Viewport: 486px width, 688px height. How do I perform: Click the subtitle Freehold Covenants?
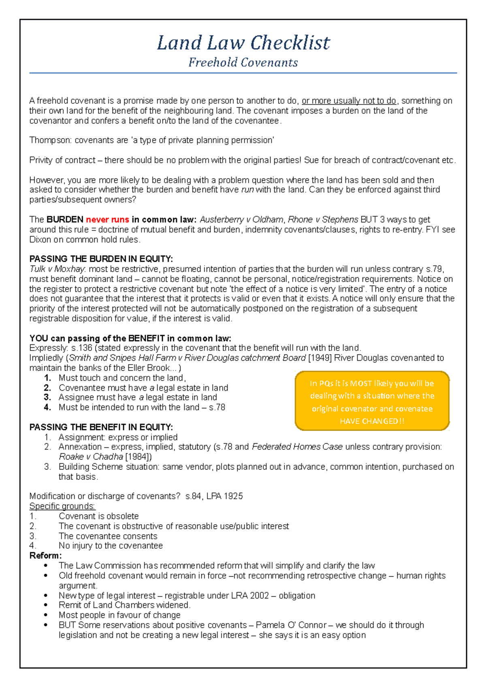pyautogui.click(x=243, y=62)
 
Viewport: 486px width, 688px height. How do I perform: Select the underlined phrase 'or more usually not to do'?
pyautogui.click(x=349, y=101)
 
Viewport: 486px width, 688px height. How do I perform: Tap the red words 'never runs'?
pyautogui.click(x=107, y=220)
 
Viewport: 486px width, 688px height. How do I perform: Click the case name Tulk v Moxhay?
pyautogui.click(x=57, y=269)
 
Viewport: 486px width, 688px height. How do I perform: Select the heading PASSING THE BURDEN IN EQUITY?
pyautogui.click(x=101, y=259)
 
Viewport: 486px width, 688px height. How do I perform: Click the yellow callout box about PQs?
pyautogui.click(x=372, y=401)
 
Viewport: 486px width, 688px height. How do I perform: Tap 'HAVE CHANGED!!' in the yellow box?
pyautogui.click(x=372, y=421)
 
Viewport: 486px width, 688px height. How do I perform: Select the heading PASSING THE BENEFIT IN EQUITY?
pyautogui.click(x=101, y=427)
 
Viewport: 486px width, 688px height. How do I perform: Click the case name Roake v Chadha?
pyautogui.click(x=91, y=457)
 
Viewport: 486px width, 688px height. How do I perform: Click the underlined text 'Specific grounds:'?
pyautogui.click(x=62, y=506)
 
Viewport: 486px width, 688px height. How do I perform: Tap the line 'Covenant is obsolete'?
pyautogui.click(x=98, y=516)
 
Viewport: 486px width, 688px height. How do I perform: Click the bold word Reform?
pyautogui.click(x=45, y=556)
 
